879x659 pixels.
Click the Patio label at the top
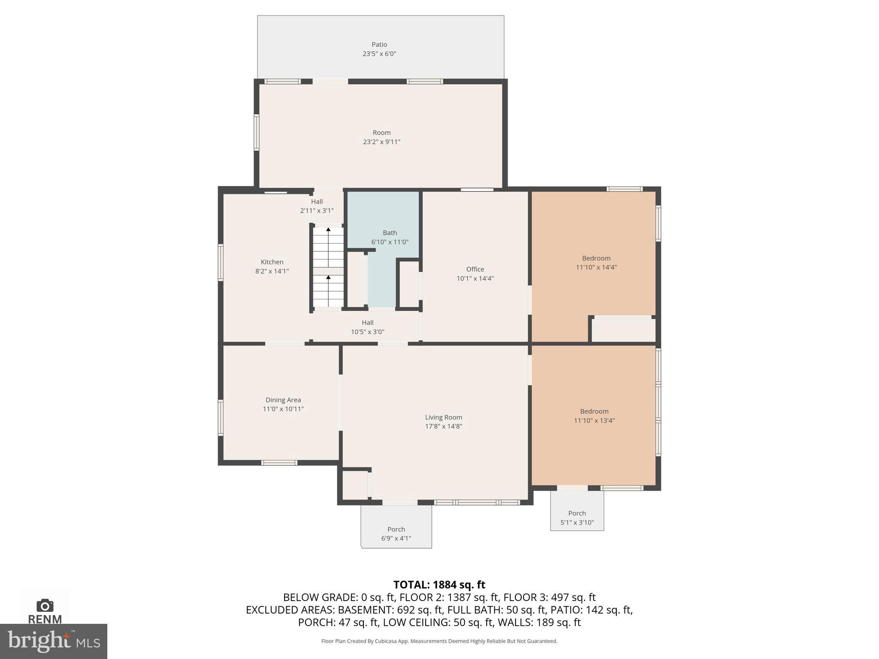(379, 45)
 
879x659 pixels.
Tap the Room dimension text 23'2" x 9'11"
(381, 142)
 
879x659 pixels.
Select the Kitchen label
(272, 262)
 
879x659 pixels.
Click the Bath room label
(390, 233)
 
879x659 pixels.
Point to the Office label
(475, 269)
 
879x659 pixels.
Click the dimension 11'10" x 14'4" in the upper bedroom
(596, 267)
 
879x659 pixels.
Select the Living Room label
(443, 417)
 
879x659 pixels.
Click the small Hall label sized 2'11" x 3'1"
(317, 202)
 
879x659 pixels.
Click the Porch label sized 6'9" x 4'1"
(396, 529)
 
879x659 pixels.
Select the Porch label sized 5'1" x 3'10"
(577, 514)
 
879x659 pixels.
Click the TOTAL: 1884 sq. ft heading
(439, 585)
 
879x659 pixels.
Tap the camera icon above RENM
(45, 606)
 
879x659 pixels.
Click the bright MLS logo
(54, 641)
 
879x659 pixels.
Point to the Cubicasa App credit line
(439, 641)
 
